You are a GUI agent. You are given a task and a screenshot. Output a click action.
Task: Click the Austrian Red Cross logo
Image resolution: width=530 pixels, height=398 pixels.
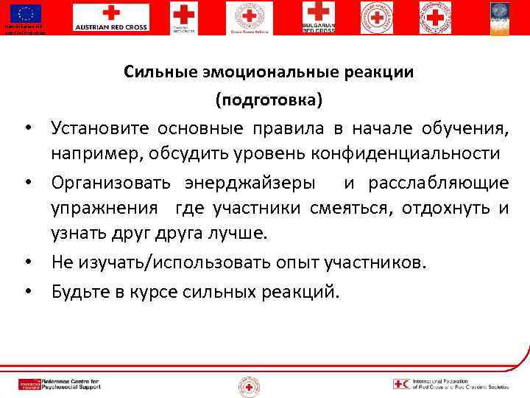point(110,17)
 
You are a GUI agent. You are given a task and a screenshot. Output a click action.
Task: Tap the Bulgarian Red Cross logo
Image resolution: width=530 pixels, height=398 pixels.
point(319,17)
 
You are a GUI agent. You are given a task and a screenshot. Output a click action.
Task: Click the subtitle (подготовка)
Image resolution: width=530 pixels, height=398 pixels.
point(269,98)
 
